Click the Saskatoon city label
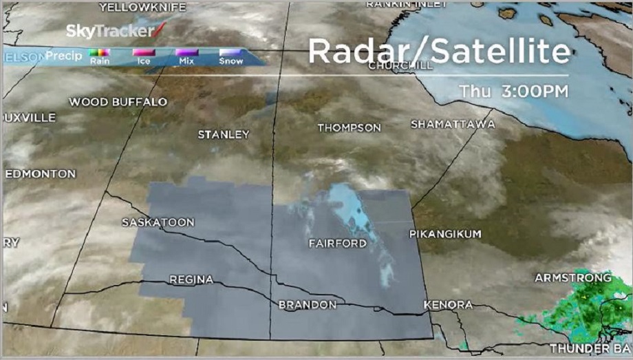158,222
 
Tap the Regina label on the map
191,279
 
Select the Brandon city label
307,304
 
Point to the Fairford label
337,244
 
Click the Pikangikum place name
445,234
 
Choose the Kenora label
449,304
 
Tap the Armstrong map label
572,277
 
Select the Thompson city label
349,128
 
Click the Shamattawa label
452,125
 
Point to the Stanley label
223,134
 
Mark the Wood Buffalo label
118,102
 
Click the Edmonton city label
40,173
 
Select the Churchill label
400,66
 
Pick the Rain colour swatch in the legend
100,52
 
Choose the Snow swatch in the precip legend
230,52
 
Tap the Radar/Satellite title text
439,52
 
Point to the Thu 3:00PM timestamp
514,91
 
